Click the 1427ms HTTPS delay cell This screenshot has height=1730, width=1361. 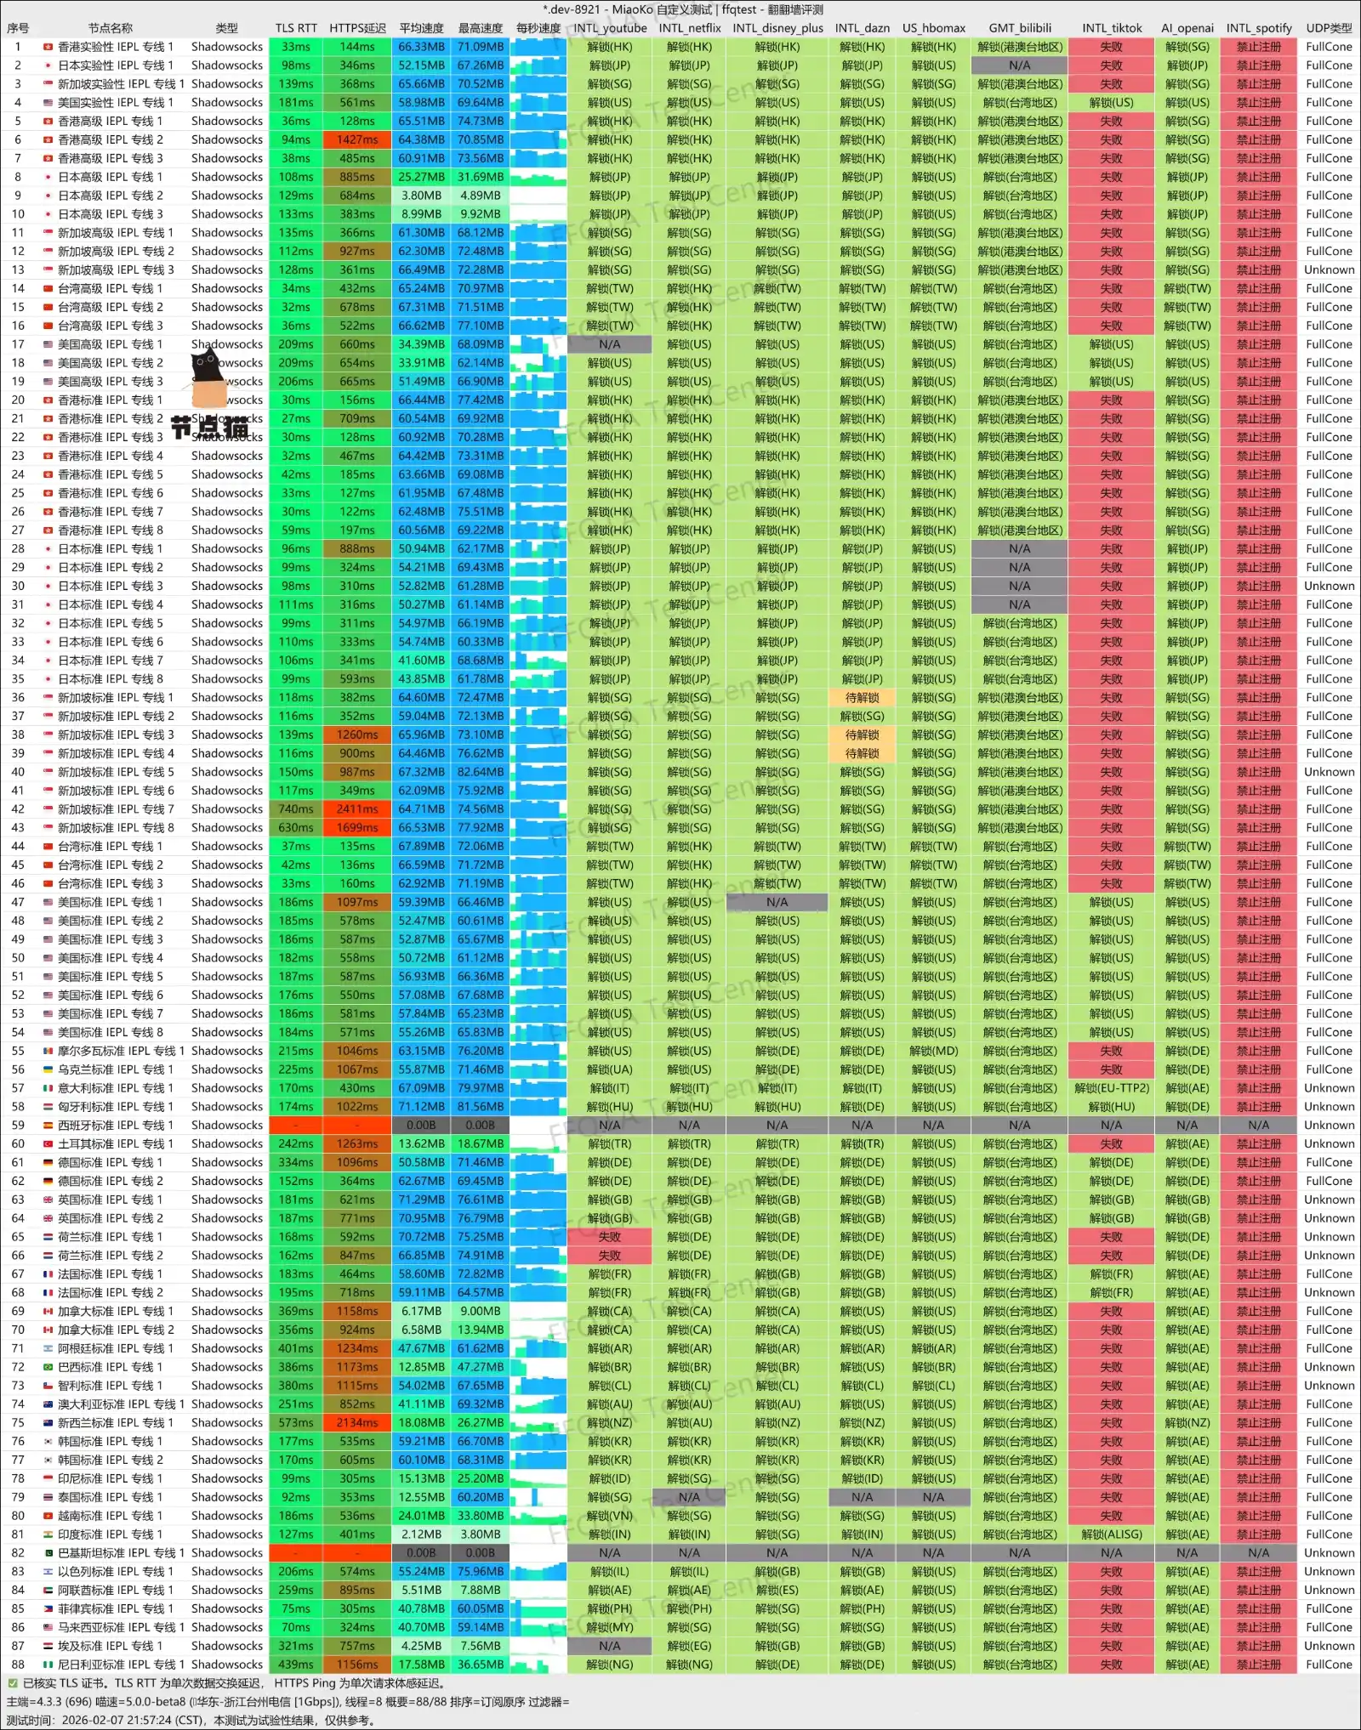tap(357, 139)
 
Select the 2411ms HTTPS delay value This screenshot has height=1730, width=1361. tap(357, 809)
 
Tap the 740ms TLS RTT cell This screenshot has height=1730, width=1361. tap(295, 809)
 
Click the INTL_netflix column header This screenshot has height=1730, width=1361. tap(689, 28)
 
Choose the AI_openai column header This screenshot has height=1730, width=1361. tap(1187, 28)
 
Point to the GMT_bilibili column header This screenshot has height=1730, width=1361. tap(1019, 28)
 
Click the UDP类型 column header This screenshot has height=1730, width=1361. tap(1329, 28)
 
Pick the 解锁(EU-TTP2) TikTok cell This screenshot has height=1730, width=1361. tap(1111, 1088)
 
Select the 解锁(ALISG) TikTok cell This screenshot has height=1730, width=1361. tap(1111, 1534)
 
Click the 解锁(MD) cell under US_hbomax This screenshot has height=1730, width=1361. tap(933, 1051)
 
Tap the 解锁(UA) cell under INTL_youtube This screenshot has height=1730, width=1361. tap(609, 1069)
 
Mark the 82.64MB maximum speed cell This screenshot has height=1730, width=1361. tap(481, 772)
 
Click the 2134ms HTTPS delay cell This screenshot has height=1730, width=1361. tap(357, 1423)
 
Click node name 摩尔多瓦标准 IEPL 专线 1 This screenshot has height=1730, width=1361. tap(115, 1051)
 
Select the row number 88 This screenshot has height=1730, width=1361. tap(18, 1665)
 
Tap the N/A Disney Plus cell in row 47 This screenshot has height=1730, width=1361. tap(777, 902)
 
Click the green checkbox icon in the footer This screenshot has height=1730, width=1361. tap(13, 1683)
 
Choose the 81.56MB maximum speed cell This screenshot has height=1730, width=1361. tap(481, 1107)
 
